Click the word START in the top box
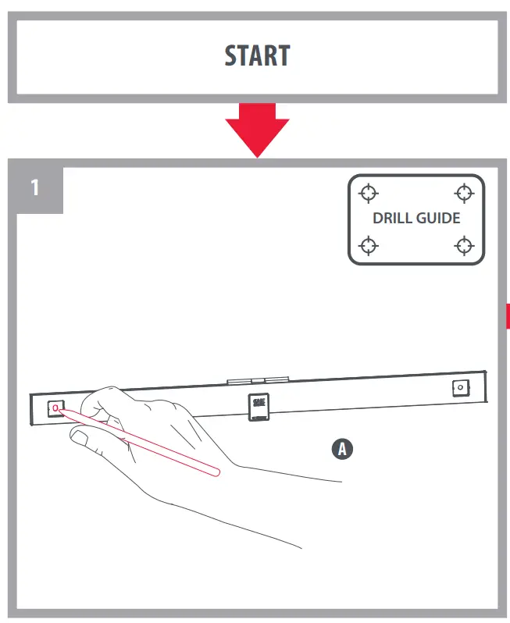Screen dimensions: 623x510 tap(257, 56)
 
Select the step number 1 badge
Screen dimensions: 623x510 tap(36, 188)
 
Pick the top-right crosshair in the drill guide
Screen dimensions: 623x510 tap(465, 192)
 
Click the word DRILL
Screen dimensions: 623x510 tap(391, 219)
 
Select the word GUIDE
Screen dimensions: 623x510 tap(438, 219)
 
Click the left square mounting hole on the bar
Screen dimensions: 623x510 tap(55, 408)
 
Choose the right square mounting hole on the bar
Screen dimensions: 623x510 tap(460, 387)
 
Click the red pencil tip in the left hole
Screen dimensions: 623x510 tap(56, 409)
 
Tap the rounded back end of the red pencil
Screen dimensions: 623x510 tap(216, 470)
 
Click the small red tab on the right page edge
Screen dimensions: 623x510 tap(508, 315)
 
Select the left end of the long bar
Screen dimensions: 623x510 tap(31, 411)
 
